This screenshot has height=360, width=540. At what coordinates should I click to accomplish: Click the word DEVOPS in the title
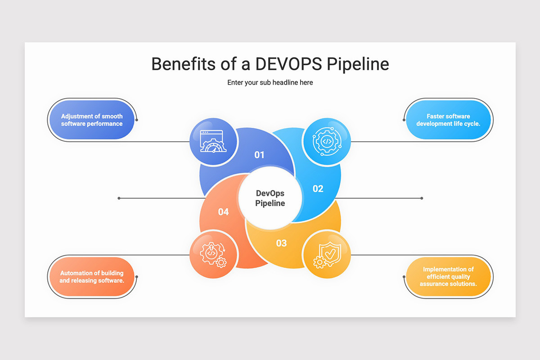pos(288,64)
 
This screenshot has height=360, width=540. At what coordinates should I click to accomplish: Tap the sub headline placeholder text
pos(270,82)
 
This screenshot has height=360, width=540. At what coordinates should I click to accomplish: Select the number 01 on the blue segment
pos(259,155)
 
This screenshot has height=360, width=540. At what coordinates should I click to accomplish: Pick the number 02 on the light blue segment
pos(318,189)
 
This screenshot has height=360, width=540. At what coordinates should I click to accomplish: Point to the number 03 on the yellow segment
pos(281,243)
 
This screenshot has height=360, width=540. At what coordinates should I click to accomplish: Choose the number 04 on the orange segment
pos(223,211)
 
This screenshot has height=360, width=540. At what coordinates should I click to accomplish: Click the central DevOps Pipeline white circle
pos(270,198)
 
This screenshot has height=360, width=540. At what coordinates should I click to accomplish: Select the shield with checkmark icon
pos(327,255)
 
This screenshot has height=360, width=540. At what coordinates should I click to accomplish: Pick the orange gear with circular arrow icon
pos(212,255)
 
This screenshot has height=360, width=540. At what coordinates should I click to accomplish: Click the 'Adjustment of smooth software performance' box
pos(92,120)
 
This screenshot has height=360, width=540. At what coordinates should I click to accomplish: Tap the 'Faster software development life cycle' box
pos(448,120)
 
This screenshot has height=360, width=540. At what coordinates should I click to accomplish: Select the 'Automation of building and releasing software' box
pos(92,277)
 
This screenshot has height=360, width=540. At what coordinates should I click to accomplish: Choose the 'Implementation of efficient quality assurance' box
pos(448,277)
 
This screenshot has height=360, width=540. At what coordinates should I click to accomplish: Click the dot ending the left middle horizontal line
pos(119,198)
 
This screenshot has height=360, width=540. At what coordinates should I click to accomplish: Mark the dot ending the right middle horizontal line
pos(422,198)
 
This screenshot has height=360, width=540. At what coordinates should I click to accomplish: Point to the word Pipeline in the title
pos(357,64)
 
